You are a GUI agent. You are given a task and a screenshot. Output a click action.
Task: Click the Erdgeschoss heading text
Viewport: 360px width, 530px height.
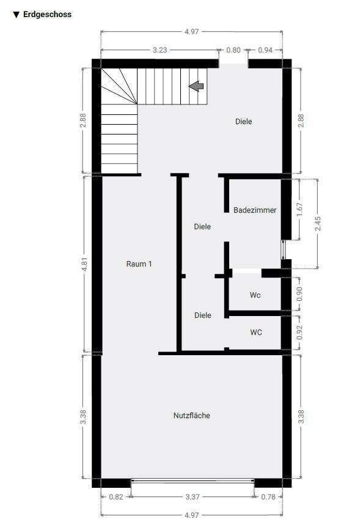click(x=47, y=15)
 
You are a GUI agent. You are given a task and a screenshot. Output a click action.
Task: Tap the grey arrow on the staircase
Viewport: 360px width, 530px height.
click(x=196, y=87)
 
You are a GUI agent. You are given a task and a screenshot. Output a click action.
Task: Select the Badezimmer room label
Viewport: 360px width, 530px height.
click(x=255, y=210)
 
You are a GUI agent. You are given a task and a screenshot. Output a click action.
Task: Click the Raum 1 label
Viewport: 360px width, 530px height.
click(x=139, y=263)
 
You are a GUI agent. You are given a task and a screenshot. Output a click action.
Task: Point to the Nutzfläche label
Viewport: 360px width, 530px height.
click(x=192, y=416)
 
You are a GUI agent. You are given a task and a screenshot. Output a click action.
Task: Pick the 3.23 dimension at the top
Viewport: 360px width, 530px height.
click(x=160, y=50)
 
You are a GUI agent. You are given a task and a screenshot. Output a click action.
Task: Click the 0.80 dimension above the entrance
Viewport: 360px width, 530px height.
click(x=233, y=50)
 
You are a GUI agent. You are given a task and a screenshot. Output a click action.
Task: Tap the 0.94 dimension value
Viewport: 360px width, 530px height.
click(x=265, y=50)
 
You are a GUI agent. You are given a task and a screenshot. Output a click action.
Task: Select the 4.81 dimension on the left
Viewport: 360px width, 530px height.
click(x=84, y=264)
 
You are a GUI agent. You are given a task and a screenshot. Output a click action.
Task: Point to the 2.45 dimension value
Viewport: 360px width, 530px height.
click(x=317, y=224)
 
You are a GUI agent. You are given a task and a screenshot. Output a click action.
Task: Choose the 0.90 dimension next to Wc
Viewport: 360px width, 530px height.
click(x=299, y=293)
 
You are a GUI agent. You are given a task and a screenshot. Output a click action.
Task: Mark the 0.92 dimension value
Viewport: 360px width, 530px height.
click(x=299, y=333)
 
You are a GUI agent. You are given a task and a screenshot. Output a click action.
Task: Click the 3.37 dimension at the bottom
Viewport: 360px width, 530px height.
click(x=193, y=496)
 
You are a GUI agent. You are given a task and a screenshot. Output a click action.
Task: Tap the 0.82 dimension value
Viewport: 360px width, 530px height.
click(x=116, y=496)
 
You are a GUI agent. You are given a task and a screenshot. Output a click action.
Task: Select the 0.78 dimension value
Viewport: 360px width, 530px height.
click(x=268, y=496)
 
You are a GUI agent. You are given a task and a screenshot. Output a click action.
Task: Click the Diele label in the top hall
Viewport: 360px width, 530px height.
click(x=244, y=122)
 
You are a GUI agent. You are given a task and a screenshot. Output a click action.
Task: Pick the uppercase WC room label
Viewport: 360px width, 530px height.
click(x=256, y=333)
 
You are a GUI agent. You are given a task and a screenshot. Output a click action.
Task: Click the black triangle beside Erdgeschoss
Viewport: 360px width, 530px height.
click(x=17, y=15)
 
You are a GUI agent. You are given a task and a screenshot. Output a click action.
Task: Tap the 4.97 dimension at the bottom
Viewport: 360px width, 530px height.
click(x=192, y=515)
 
